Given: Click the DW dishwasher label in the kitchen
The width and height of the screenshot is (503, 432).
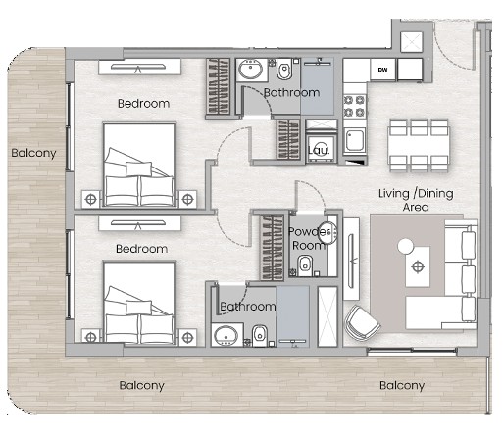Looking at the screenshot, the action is click(382, 70).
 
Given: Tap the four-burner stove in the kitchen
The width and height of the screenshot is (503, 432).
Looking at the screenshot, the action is click(355, 106).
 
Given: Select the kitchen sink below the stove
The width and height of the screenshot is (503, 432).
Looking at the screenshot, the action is click(355, 140).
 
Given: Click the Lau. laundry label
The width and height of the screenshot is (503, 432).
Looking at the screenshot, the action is click(319, 150).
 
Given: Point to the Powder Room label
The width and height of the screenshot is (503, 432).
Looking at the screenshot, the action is click(309, 238).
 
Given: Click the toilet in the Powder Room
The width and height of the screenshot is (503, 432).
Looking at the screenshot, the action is click(305, 265).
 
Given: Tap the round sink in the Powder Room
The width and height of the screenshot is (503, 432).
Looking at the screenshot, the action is click(327, 232).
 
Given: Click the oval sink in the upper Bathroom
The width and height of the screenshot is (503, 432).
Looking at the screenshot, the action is click(250, 70).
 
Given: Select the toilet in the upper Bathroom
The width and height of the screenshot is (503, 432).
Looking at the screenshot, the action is click(284, 69).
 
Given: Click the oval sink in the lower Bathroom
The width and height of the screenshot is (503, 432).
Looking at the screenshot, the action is click(226, 335).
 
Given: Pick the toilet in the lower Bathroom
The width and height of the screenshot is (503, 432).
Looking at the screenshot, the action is click(260, 334).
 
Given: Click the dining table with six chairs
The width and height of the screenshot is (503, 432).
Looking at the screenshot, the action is click(419, 145).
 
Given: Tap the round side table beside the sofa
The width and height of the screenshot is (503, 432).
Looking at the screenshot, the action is click(406, 246).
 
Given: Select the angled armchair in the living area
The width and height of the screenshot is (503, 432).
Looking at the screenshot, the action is click(362, 322).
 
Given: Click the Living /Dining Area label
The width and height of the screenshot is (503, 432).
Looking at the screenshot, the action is click(416, 200).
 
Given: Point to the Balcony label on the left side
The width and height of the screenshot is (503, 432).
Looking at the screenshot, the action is click(33, 153).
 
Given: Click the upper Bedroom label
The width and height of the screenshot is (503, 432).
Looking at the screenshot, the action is click(143, 104).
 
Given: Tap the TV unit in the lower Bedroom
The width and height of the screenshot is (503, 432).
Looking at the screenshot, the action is click(139, 223).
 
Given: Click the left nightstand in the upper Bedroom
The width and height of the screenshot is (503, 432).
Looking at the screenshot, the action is click(90, 199).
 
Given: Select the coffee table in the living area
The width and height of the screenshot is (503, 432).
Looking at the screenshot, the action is click(418, 266).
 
